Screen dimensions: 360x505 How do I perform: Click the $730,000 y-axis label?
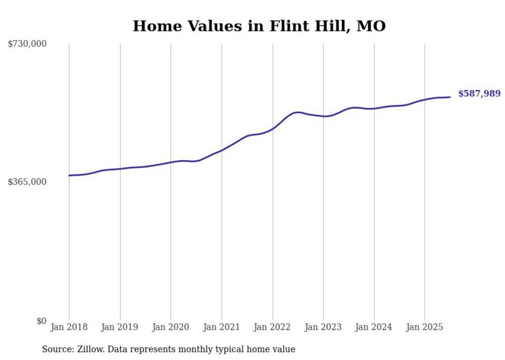[x=27, y=44]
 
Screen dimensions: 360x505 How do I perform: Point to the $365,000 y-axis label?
[x=27, y=182]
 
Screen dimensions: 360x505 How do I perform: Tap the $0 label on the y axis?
[x=41, y=321]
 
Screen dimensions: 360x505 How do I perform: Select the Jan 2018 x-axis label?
[x=69, y=327]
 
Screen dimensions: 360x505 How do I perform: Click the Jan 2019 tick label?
[x=120, y=327]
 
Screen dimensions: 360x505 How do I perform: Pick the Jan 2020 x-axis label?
[x=171, y=327]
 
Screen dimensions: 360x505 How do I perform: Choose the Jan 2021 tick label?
[x=222, y=327]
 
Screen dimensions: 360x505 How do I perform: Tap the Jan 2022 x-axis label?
[x=272, y=327]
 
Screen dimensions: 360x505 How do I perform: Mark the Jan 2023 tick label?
[x=323, y=327]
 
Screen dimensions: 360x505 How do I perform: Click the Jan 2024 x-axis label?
[x=374, y=327]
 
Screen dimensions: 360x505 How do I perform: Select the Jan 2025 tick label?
[x=425, y=327]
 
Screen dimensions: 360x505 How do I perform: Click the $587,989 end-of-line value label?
[x=479, y=94]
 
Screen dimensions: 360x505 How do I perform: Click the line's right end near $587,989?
[x=450, y=97]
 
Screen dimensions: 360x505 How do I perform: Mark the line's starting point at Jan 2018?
[x=69, y=176]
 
